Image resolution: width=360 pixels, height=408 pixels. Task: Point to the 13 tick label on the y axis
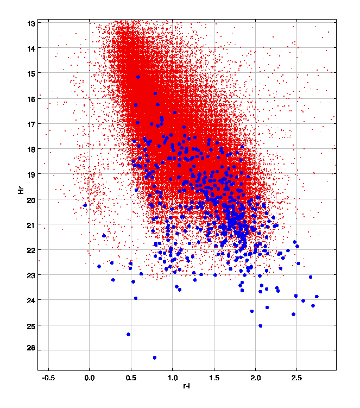pos(30,23)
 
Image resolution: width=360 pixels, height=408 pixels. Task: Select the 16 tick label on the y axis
pos(30,99)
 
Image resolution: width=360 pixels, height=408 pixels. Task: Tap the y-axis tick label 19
pos(30,174)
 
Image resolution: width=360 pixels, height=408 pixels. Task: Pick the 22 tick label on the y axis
pos(30,250)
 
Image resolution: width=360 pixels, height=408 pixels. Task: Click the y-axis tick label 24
pos(30,300)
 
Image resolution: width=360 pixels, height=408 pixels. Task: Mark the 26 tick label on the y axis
pos(30,350)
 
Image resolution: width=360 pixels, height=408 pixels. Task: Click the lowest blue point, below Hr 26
pos(155,357)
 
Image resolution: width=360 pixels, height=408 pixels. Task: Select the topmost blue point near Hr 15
pos(138,77)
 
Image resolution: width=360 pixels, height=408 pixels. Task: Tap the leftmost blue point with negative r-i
pos(85,205)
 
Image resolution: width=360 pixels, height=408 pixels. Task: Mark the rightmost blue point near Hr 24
pos(317,297)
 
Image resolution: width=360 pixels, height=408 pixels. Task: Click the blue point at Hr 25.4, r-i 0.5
pos(128,334)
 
